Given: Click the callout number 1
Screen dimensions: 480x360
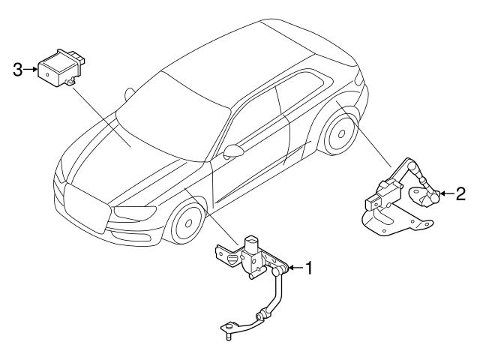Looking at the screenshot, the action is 309,268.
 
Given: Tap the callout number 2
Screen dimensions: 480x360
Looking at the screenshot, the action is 460,193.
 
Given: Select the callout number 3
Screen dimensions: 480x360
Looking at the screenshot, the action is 18,70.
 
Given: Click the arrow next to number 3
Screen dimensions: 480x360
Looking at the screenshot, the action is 30,70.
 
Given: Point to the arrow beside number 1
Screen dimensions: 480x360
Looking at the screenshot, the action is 296,268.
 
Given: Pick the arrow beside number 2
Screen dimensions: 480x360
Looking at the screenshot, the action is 447,193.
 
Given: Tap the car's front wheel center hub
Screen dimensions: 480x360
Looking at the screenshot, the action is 188,223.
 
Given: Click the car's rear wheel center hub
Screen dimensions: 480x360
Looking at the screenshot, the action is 341,133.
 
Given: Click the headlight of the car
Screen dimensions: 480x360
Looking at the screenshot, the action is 134,213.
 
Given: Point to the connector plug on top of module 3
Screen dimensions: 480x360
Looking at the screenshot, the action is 76,58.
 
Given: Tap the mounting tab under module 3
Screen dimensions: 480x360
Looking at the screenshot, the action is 70,82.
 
